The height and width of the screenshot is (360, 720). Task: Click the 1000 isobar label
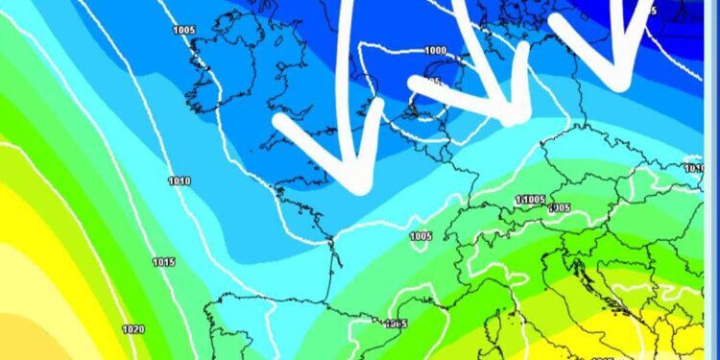point(436,51)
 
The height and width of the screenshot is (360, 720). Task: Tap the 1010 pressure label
point(179,181)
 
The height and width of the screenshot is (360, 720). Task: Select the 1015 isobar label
point(163,262)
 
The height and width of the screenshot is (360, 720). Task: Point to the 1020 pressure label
point(133,329)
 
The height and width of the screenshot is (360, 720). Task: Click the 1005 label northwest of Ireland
point(185,31)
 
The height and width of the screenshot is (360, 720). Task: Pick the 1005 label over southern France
point(420,236)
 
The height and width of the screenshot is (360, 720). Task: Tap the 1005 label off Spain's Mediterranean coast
point(396,324)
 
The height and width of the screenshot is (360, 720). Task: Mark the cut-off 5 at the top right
point(653,11)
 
